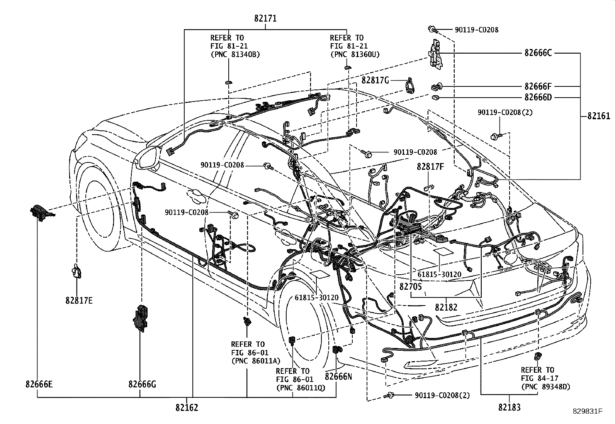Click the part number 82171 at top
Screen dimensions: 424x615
pos(266,18)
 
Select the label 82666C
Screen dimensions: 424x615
pos(538,53)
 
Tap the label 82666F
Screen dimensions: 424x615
pos(538,86)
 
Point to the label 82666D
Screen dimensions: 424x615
pos(538,97)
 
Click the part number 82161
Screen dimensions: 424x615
pos(598,116)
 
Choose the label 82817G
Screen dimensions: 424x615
pos(375,80)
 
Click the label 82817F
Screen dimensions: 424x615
pos(430,167)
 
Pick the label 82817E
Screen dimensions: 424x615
pos(79,301)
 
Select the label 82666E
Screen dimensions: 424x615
pos(39,384)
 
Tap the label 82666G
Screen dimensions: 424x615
pos(142,384)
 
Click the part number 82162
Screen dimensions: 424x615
pos(187,407)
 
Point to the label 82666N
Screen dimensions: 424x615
pos(338,376)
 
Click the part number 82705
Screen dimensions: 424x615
pos(411,286)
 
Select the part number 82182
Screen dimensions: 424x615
pos(446,307)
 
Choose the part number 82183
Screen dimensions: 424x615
pos(509,407)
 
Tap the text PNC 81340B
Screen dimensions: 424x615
pos(235,54)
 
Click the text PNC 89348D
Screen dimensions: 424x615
pos(545,386)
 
